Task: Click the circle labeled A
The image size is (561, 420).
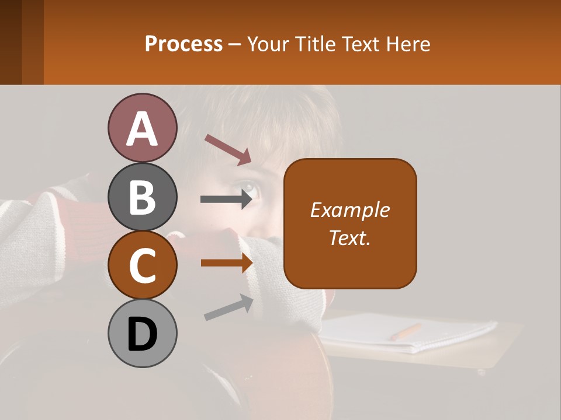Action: tap(142, 128)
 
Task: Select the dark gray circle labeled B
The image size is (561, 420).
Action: tap(142, 197)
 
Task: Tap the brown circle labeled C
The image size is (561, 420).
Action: tap(142, 265)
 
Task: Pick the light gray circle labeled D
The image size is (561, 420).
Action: tap(142, 333)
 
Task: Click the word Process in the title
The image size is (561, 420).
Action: tap(183, 44)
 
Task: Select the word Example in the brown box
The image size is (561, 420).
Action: tap(350, 210)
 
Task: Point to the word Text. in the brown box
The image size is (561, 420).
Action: tap(350, 237)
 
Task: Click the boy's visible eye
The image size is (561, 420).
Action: tap(248, 188)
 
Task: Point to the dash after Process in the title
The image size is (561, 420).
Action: tap(235, 44)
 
